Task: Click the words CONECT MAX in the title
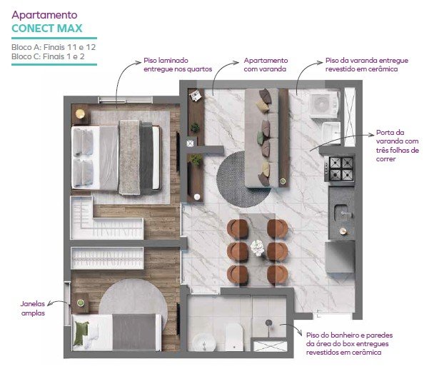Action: [47, 29]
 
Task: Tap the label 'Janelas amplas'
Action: [33, 308]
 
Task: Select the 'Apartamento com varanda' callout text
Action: [266, 64]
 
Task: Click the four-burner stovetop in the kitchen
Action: [341, 168]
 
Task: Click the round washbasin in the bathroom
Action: [203, 343]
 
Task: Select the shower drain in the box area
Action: [268, 323]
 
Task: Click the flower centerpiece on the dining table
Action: [258, 248]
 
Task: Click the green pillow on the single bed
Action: [81, 333]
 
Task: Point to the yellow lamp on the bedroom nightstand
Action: [80, 113]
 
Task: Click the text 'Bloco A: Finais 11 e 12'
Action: [54, 47]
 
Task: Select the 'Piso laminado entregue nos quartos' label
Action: [178, 64]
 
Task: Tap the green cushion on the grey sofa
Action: [260, 138]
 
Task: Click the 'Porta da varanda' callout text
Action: [397, 146]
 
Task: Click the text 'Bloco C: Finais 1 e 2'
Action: [48, 56]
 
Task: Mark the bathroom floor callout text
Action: [349, 344]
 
